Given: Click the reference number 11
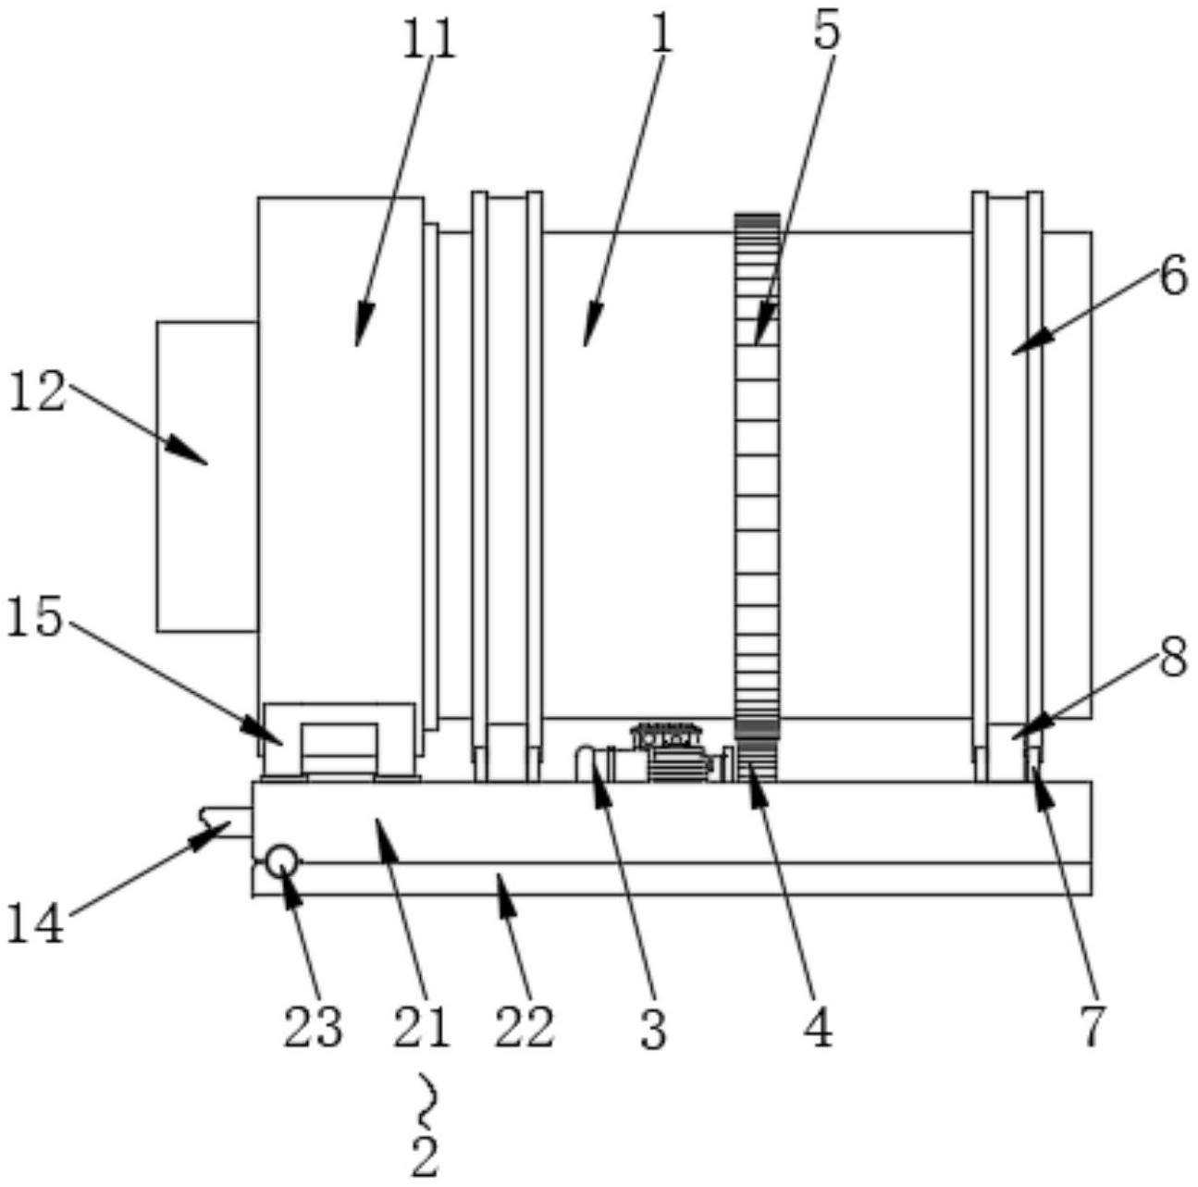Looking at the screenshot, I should point(430,40).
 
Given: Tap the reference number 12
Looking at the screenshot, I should point(37,393).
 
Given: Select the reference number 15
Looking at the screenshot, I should point(34,618).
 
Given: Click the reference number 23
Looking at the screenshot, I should point(313,1027).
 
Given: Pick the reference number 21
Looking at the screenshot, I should point(421,1027).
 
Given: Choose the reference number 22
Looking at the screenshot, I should point(524,1027).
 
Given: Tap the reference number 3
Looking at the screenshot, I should point(653,1029).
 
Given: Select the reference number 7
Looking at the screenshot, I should point(1093,1025).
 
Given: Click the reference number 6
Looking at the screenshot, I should point(1173,276).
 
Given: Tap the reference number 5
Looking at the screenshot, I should point(826,31).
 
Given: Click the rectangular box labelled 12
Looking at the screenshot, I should point(206,476).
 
